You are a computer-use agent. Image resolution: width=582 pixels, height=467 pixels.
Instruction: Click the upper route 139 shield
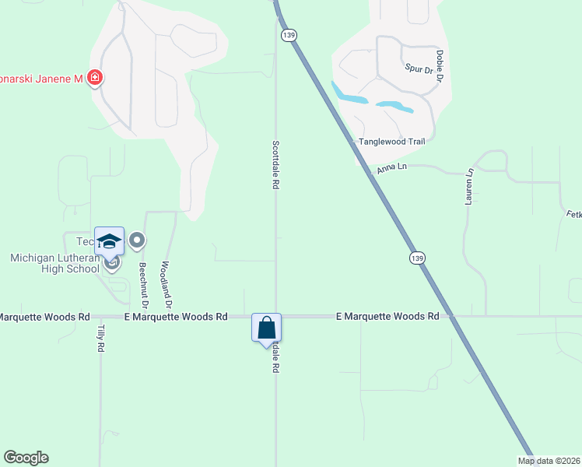[289, 36]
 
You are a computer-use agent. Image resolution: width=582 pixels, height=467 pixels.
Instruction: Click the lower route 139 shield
[417, 258]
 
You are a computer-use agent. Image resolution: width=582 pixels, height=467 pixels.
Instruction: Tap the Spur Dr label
[418, 69]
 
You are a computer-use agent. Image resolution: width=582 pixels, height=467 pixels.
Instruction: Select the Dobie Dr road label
[440, 67]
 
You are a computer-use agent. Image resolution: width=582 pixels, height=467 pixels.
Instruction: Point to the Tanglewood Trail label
[391, 142]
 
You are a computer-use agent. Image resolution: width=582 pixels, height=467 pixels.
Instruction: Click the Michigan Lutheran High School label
[54, 263]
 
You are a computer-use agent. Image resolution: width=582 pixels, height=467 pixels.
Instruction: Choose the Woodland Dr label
[165, 283]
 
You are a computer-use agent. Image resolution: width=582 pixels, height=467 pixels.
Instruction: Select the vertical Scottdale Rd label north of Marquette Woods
[275, 165]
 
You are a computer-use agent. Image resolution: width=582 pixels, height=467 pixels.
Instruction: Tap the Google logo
[26, 458]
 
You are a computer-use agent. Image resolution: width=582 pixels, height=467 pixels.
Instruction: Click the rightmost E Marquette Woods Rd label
[387, 317]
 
